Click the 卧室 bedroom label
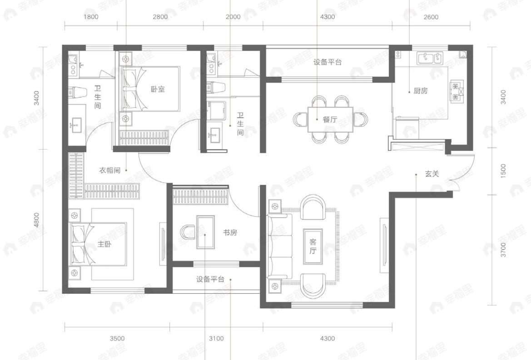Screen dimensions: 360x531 (158, 89)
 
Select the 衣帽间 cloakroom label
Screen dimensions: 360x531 (109, 170)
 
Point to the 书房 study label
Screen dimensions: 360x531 (229, 233)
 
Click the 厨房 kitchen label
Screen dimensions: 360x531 (420, 90)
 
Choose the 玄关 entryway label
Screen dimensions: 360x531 (432, 174)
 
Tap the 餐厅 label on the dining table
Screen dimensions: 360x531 (329, 120)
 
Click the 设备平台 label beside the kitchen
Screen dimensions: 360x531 (327, 62)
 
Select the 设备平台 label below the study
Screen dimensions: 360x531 (210, 280)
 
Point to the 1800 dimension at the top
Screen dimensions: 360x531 (91, 17)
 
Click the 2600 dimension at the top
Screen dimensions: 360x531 (431, 17)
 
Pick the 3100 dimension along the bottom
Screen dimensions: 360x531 (216, 338)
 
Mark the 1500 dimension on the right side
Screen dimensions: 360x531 (503, 170)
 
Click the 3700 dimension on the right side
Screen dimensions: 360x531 (503, 250)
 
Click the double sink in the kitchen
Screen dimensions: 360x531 (430, 58)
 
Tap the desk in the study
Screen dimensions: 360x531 (205, 232)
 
